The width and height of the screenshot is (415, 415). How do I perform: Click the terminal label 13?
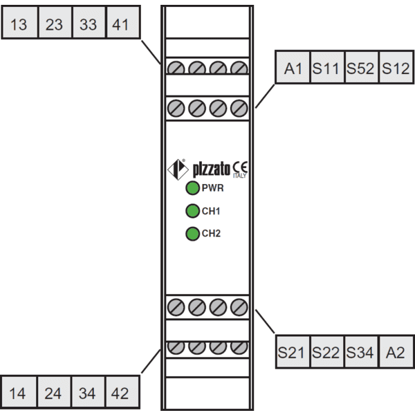19,25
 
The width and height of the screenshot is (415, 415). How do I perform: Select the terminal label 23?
54,25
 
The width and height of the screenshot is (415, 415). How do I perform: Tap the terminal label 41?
120,25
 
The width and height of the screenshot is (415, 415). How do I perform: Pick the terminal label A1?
293,68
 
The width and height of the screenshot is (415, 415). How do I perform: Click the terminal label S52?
360,68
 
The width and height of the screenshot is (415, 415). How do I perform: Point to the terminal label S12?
396,68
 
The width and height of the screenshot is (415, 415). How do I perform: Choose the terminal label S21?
291,353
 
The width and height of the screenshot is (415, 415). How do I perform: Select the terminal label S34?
360,353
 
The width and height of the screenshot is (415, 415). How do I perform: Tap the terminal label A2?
396,353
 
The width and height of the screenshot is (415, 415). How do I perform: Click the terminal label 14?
17,394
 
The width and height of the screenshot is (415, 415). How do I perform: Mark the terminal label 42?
120,394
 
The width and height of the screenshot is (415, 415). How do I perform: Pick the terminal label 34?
87,394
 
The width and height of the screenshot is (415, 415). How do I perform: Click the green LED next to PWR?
192,188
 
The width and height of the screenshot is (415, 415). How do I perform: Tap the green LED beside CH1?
192,211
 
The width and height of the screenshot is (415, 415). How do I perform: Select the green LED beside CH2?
192,234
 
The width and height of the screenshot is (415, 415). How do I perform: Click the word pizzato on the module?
212,169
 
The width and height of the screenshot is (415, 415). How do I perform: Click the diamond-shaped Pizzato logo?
178,169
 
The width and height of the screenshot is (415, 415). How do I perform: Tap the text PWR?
213,188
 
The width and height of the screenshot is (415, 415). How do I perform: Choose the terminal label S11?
326,68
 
